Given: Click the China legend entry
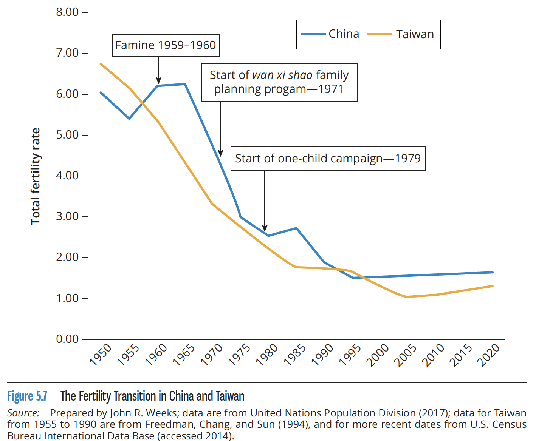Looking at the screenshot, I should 331,34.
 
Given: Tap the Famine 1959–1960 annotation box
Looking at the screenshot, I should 166,45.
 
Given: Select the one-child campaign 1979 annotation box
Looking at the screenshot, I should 328,159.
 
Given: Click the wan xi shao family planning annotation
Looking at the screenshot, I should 279,82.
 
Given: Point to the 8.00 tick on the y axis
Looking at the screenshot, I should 67,12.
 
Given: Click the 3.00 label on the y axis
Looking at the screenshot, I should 67,216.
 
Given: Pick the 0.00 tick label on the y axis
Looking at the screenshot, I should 67,339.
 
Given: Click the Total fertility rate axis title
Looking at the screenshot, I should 35,176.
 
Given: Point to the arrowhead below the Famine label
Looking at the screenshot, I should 159,80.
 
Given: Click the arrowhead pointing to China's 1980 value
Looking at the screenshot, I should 265,228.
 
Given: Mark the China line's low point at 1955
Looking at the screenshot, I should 129,119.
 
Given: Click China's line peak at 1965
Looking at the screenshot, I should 185,84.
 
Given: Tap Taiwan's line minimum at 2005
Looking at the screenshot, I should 407,297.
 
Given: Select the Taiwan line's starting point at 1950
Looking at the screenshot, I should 101,64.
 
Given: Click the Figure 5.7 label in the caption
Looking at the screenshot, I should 27,396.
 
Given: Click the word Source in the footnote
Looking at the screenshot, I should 23,413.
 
